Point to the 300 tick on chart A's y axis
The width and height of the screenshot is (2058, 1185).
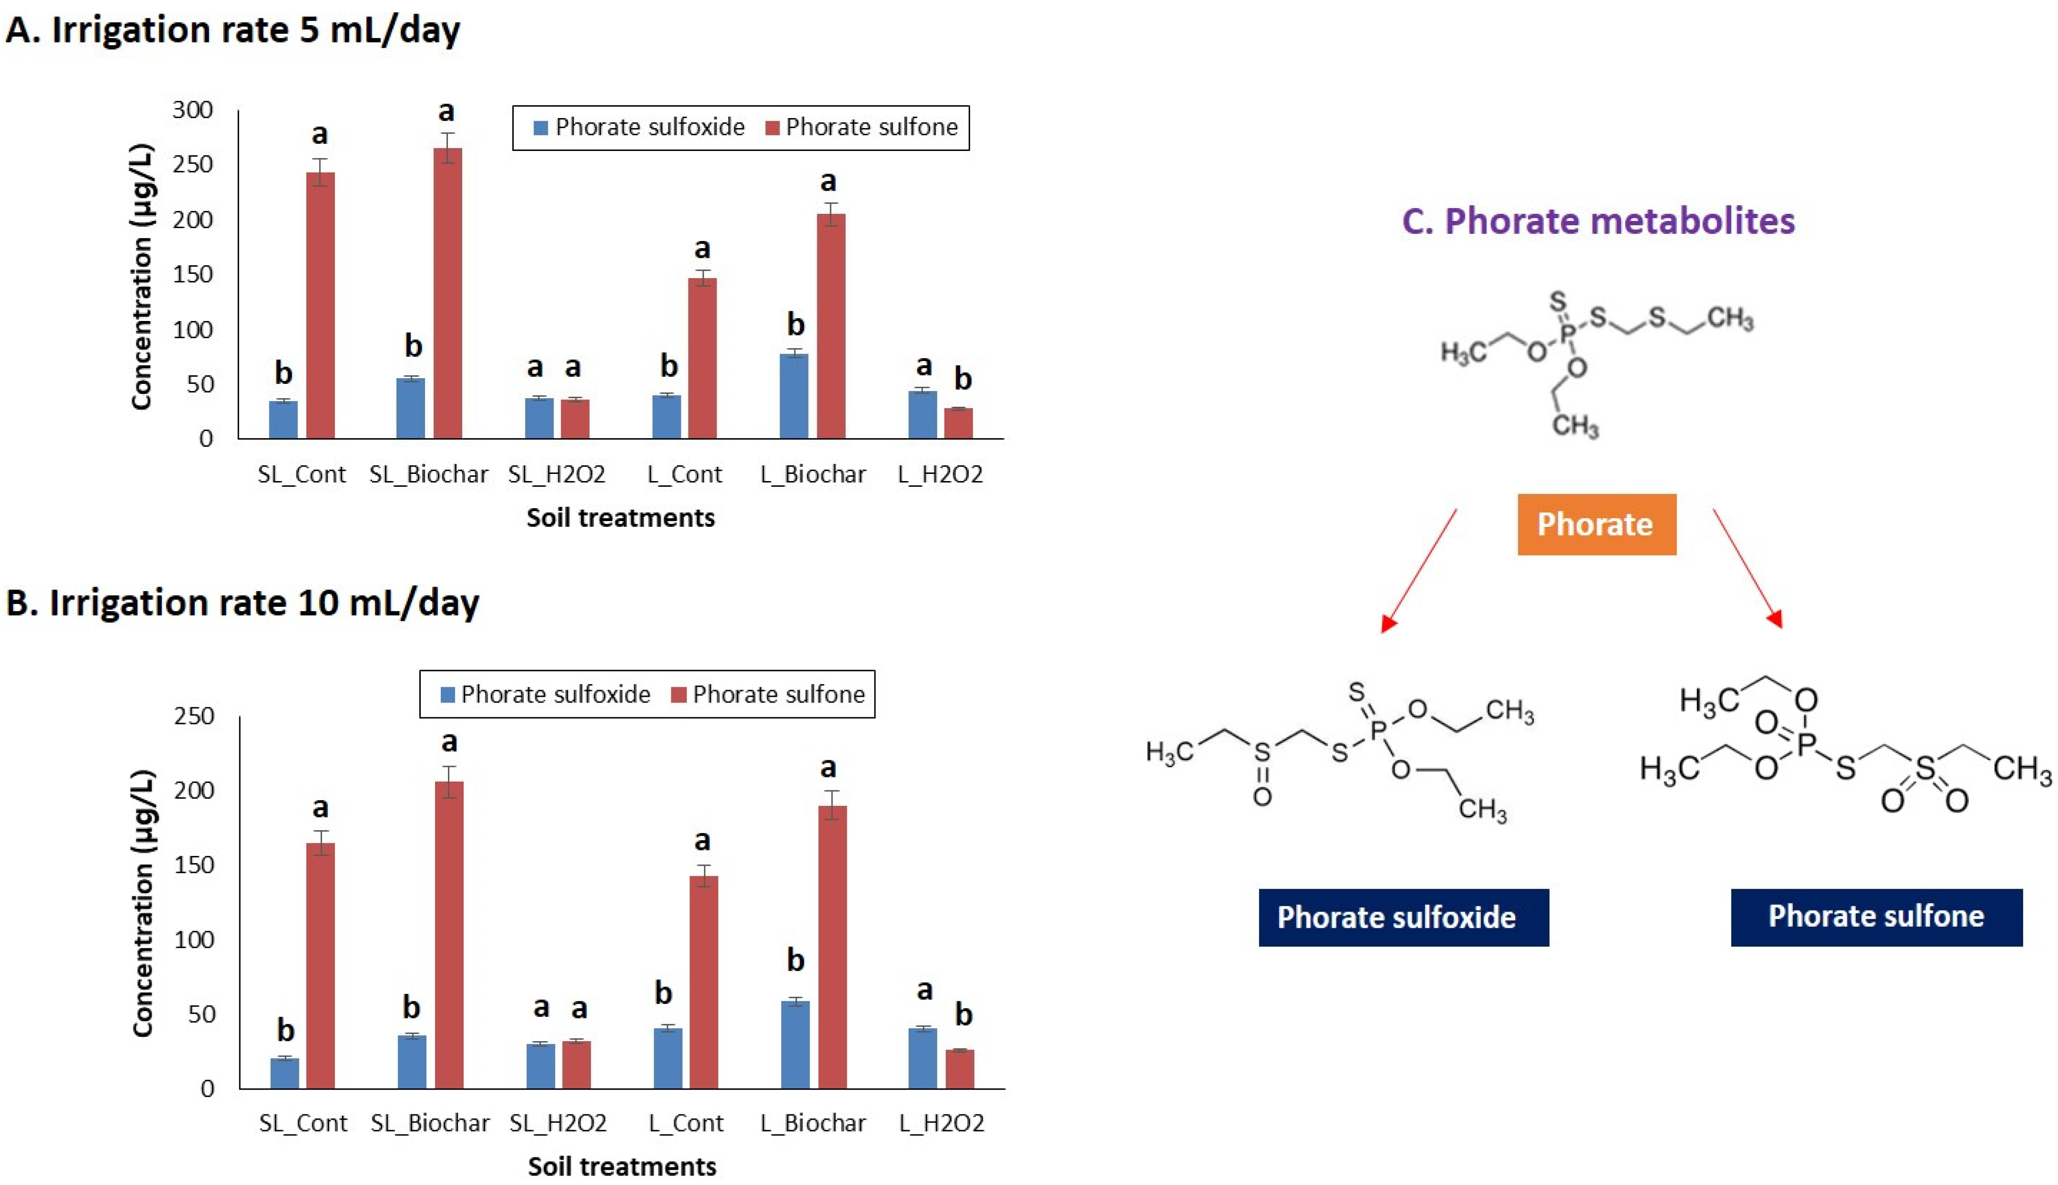193,110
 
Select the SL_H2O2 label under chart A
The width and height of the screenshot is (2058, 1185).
557,474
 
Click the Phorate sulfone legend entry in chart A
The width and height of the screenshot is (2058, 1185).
863,127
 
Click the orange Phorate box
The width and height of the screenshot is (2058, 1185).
1596,524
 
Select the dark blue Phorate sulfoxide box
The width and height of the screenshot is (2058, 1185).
1403,917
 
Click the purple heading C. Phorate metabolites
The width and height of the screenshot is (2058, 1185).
1598,221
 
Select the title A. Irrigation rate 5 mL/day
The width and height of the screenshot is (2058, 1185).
233,30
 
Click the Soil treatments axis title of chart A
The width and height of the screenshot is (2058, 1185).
620,518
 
